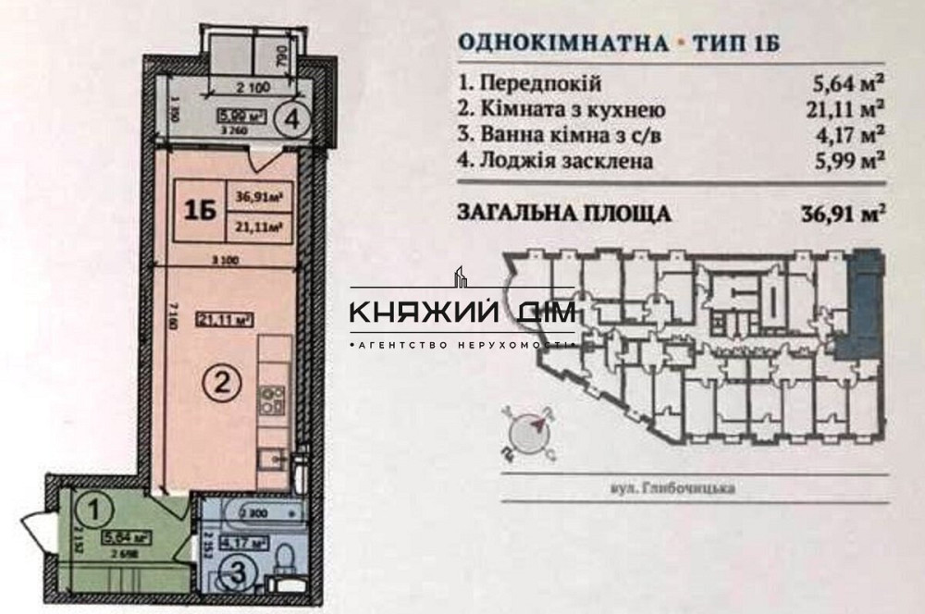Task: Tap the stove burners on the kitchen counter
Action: tap(273, 400)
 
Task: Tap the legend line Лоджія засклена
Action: tap(555, 161)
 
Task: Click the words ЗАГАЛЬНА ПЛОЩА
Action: tap(564, 214)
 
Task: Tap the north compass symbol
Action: tap(528, 432)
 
